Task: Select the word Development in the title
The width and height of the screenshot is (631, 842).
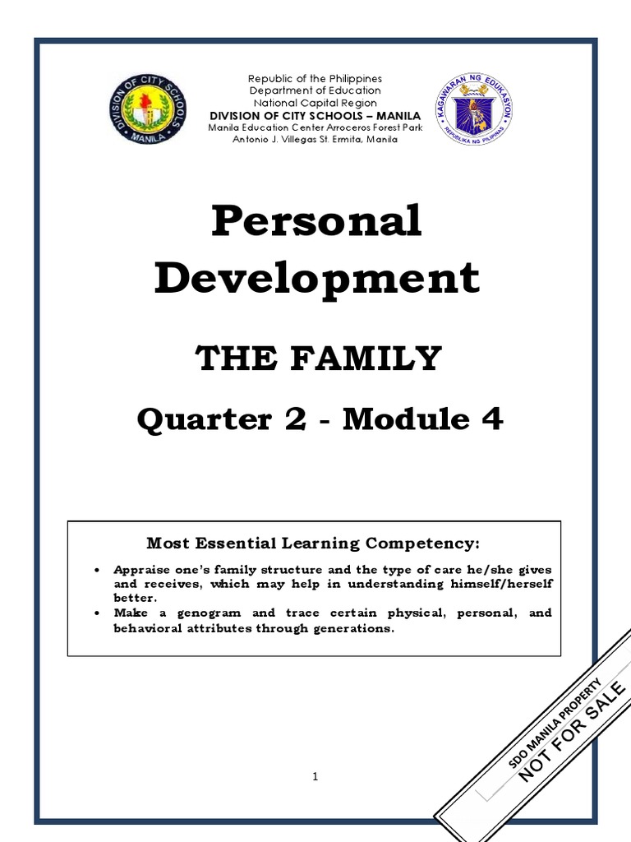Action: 316,278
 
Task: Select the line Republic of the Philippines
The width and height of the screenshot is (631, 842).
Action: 315,78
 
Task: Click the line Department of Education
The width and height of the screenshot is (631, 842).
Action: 315,90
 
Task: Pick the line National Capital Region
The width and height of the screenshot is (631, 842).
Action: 315,103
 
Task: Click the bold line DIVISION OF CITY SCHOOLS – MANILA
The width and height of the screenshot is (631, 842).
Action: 315,116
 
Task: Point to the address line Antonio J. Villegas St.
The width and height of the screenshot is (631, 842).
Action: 315,140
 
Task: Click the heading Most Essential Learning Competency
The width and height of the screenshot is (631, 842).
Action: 312,544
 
